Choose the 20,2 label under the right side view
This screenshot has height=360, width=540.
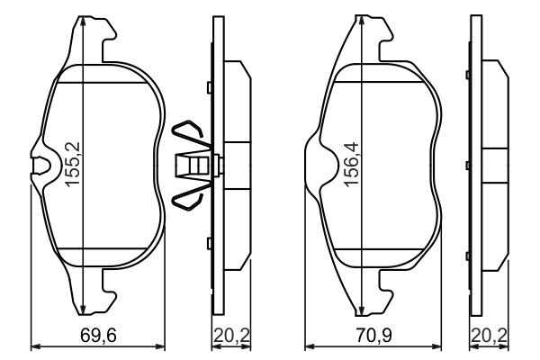tap(490, 337)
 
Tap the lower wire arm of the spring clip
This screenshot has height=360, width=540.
tap(190, 197)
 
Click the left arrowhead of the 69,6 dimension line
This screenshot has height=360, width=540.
tap(35, 345)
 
